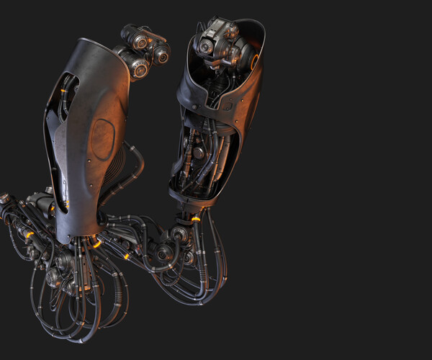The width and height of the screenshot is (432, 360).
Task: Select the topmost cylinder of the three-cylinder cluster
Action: [135, 35]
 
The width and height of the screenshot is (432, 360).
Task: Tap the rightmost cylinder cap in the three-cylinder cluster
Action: [161, 53]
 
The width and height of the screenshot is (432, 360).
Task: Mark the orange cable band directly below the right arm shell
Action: [195, 216]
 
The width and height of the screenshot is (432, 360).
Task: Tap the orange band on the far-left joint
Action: [30, 235]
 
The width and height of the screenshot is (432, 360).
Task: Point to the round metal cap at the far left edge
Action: [4, 197]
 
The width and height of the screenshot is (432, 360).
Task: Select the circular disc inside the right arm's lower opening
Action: [196, 153]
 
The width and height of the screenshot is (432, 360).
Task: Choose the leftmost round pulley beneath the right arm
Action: [165, 253]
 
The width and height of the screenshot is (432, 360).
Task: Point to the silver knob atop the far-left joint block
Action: [48, 191]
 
